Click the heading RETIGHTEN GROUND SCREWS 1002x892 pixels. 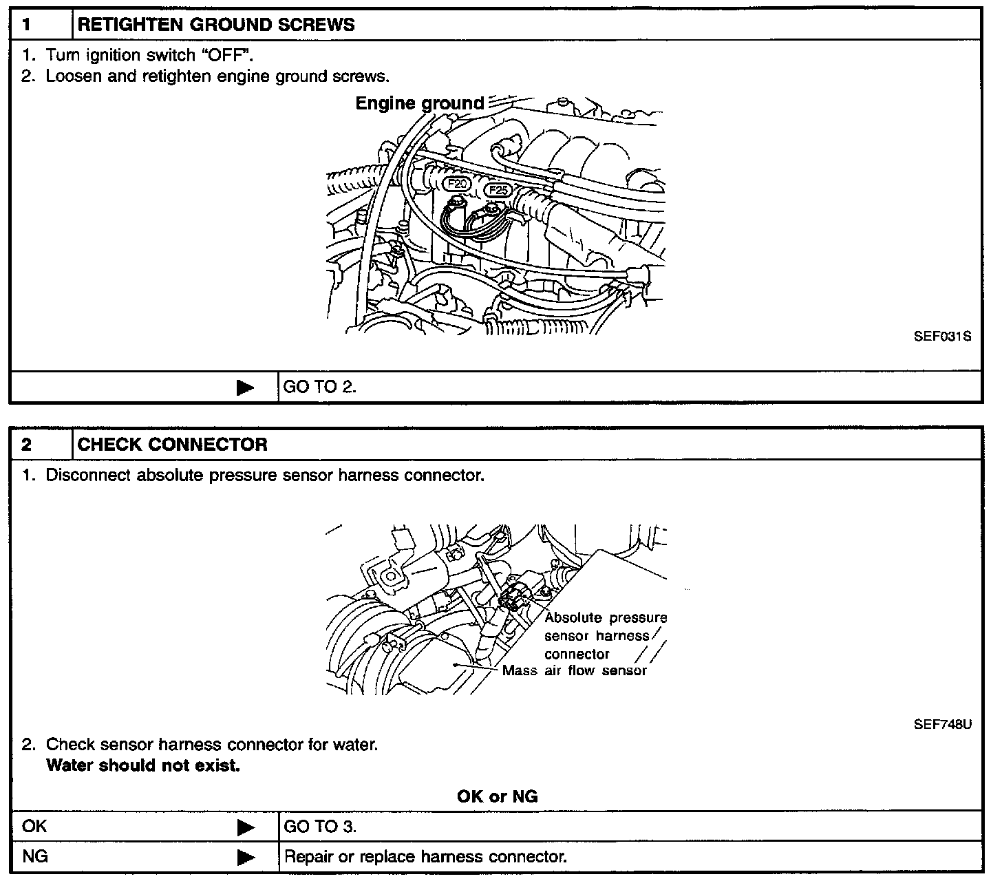coord(216,25)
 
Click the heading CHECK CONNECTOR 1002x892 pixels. coord(172,445)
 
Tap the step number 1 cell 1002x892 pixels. coord(28,25)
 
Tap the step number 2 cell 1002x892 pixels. coord(28,445)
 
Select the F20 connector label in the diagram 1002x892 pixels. coord(456,184)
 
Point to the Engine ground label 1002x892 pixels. coord(420,104)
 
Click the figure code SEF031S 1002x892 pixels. coord(942,337)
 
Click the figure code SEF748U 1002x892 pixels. coord(942,724)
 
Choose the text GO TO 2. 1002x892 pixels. coord(320,387)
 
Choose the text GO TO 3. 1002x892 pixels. coord(320,827)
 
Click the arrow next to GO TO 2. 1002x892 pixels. coord(245,387)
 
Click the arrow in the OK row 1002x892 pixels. coord(245,827)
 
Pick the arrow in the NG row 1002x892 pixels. coord(245,858)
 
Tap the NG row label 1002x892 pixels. coord(35,857)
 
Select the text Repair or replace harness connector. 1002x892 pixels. coord(425,858)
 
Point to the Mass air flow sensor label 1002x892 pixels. coord(575,671)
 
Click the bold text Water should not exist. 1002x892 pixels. coord(143,765)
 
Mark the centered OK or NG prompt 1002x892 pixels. coord(497,796)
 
